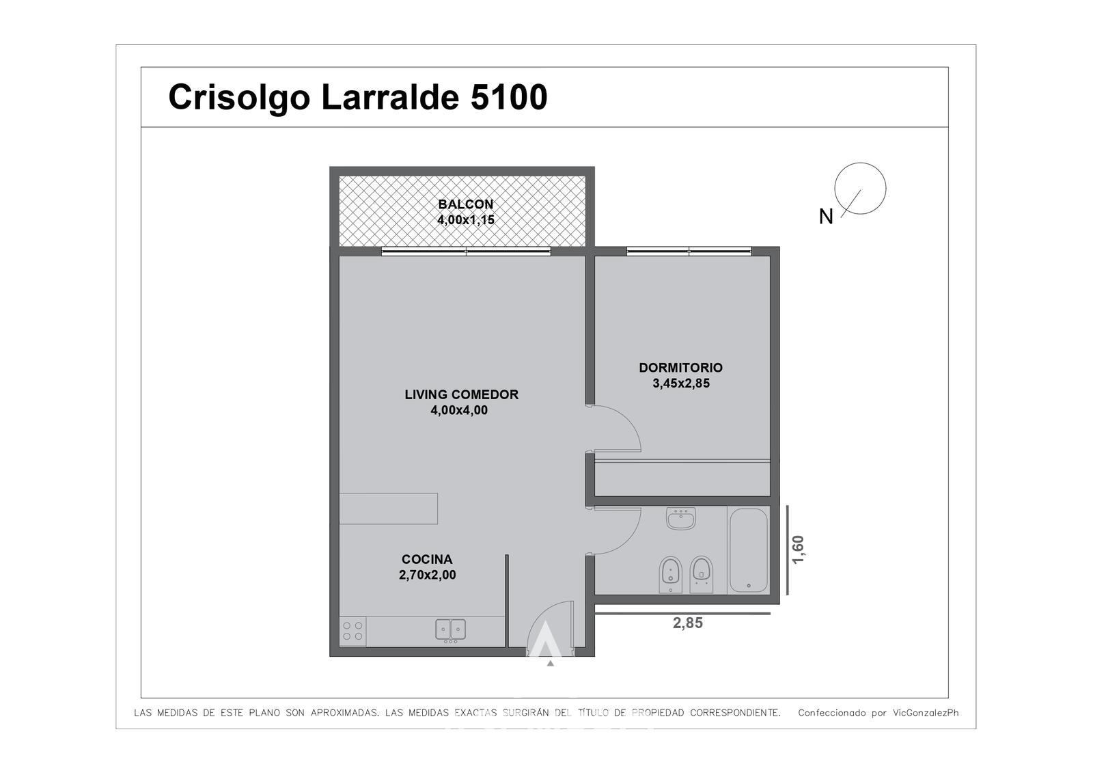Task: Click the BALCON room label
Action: [x=465, y=204]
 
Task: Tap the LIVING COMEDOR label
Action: [x=461, y=394]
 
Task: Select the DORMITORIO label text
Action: [x=680, y=368]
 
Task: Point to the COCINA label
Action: [x=427, y=559]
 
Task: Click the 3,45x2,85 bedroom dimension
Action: [x=680, y=383]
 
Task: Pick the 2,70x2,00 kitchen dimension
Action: [x=428, y=575]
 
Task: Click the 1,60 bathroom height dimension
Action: [x=797, y=550]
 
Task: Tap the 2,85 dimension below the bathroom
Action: [x=687, y=623]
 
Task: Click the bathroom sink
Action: [x=680, y=518]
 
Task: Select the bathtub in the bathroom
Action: [x=748, y=550]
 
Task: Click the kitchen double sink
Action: [x=450, y=630]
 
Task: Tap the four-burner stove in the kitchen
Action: [x=352, y=631]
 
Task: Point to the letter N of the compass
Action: [x=826, y=217]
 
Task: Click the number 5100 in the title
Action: [x=509, y=97]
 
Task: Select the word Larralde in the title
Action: [x=390, y=97]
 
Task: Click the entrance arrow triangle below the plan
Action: [x=551, y=663]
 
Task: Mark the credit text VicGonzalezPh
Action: [x=926, y=713]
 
